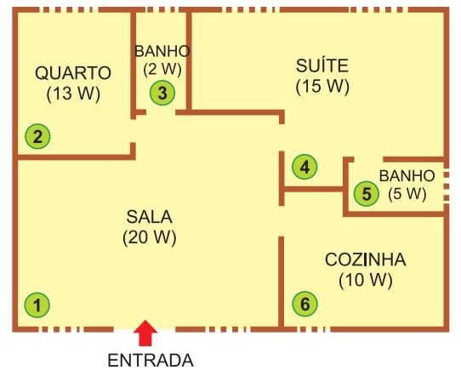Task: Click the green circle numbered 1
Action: pos(37,305)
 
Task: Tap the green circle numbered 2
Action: pos(37,136)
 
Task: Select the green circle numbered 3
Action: pos(162,93)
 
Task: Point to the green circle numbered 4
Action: pos(304,167)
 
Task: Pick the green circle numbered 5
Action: pos(367,193)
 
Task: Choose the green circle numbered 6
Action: pos(304,304)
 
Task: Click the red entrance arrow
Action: pos(145,333)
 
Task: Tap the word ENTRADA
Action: pos(151,361)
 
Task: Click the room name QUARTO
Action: pos(73,72)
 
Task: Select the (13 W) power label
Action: pos(73,94)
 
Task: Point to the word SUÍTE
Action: pos(322,66)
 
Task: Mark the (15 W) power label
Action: pos(322,87)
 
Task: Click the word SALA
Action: pos(150,217)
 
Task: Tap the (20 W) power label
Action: pos(150,237)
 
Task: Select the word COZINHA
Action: pos(366,259)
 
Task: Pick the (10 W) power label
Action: pos(366,280)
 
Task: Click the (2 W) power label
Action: pos(162,70)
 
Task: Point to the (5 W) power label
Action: pos(407,194)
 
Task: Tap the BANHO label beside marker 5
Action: pos(407,176)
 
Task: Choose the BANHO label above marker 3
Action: pos(162,51)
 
